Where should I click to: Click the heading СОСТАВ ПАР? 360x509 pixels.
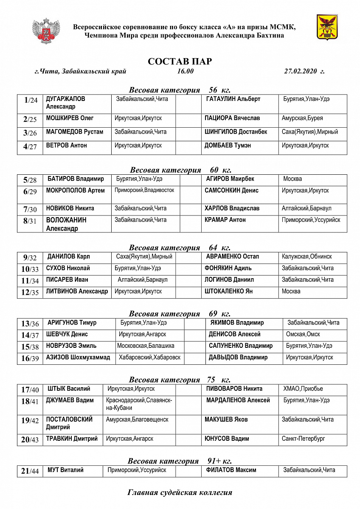coord(180,62)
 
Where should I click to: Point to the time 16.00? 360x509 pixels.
coord(186,71)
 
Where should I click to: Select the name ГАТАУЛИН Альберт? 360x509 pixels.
coord(233,99)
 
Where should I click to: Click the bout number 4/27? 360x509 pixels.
coord(30,147)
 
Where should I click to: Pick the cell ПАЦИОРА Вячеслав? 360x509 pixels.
coord(232,118)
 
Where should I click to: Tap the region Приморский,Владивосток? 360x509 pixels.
coord(144,190)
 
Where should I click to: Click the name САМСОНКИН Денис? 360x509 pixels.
coord(231,190)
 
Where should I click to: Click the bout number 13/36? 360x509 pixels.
coord(30,324)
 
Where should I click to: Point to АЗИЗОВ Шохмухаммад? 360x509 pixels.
coord(78,358)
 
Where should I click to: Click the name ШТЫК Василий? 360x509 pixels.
coord(69,389)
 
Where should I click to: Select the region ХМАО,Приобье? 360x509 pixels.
coord(303,389)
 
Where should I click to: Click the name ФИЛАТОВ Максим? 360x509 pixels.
coord(231,470)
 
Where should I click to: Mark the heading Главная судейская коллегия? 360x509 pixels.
coord(180,492)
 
